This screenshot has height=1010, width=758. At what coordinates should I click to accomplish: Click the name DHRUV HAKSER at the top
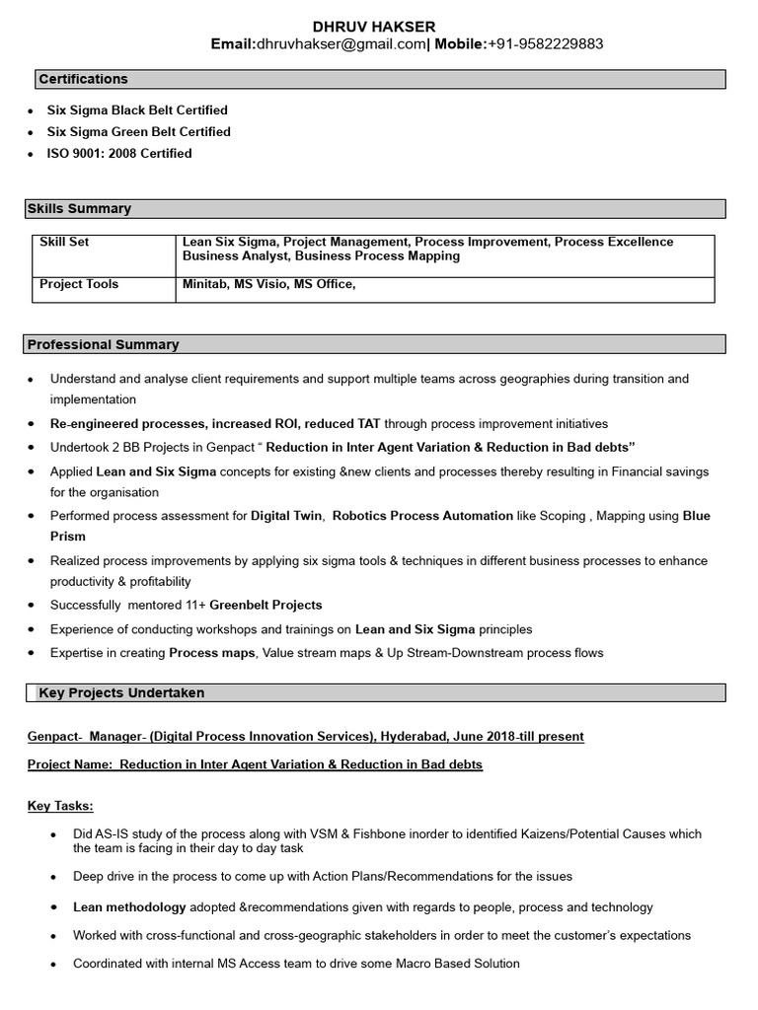click(x=373, y=26)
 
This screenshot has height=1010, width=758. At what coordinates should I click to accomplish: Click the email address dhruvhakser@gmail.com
click(x=341, y=44)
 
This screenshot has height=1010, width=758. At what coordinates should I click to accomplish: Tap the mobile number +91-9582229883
click(x=546, y=44)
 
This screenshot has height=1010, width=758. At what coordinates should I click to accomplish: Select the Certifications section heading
click(x=83, y=79)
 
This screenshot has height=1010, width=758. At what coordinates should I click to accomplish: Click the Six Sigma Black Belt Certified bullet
click(x=137, y=110)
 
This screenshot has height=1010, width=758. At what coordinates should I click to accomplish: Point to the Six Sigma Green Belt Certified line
click(x=138, y=132)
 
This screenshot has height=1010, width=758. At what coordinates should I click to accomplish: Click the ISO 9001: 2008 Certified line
click(x=119, y=154)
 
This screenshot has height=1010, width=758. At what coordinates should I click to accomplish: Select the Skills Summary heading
click(x=79, y=209)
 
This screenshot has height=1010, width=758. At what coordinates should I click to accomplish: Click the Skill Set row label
click(x=64, y=242)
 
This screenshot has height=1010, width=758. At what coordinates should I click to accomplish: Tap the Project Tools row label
click(x=79, y=284)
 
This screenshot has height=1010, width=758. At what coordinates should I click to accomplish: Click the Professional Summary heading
click(x=103, y=345)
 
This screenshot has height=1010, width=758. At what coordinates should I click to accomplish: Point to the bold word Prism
click(x=68, y=537)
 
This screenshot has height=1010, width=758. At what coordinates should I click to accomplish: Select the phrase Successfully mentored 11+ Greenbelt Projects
click(x=187, y=605)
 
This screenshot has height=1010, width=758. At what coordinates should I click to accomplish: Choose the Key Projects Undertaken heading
click(x=121, y=693)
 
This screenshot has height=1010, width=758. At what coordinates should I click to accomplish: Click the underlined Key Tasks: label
click(x=60, y=807)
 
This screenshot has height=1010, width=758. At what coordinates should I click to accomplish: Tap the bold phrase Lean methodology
click(x=129, y=907)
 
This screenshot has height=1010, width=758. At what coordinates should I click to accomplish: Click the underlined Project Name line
click(x=255, y=764)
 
